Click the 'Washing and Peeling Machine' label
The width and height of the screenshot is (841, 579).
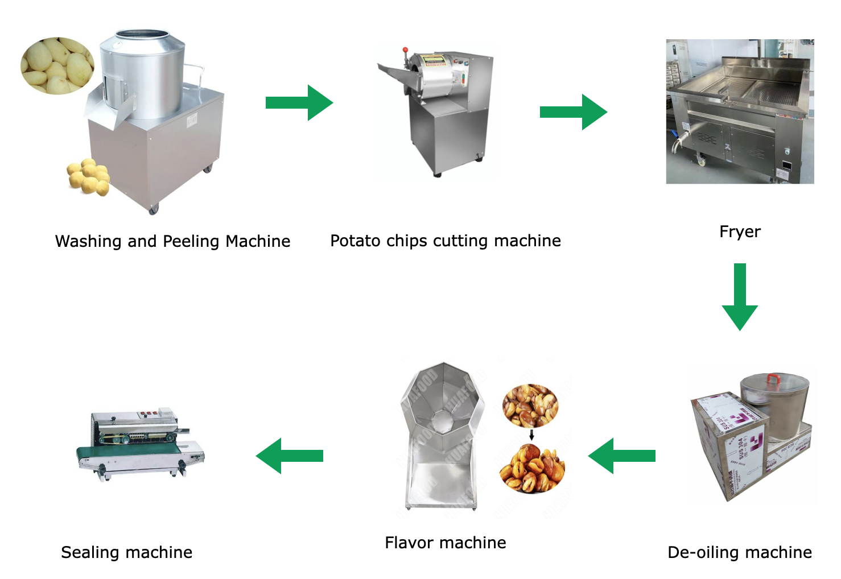pos(172,241)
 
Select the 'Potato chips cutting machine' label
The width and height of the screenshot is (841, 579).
pos(446,241)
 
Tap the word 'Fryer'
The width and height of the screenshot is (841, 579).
pos(740,231)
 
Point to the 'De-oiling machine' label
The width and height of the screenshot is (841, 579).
pos(740,552)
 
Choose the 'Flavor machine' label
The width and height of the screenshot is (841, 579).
pos(446,543)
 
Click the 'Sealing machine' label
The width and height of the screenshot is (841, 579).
pos(127,552)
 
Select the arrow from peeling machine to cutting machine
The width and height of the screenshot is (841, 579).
pos(299,103)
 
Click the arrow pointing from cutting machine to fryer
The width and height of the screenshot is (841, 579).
pos(574,112)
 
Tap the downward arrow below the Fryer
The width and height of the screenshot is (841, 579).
pos(740,296)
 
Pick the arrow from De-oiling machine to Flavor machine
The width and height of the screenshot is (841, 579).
pos(621,456)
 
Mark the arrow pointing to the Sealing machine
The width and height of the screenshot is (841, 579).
pos(290,456)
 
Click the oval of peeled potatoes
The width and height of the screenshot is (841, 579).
pos(57,65)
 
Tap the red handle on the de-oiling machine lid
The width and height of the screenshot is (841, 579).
pos(774,379)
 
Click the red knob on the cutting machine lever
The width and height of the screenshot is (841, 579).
pos(405,50)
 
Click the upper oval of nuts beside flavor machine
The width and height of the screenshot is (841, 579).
pos(530,406)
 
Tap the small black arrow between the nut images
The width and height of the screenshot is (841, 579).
pos(531,435)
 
